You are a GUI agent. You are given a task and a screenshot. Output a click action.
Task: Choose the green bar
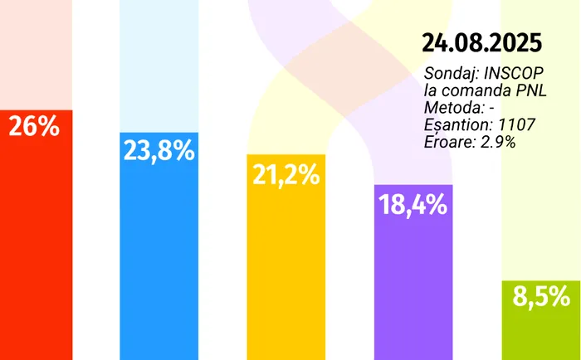coord(540,332)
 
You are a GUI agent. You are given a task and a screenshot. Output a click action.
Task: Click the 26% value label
coord(33,127)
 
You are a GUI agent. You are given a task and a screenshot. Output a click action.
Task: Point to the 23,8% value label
coord(159,150)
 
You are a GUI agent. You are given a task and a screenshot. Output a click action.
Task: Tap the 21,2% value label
coord(285,174)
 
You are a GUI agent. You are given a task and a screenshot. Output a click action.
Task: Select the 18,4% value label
coord(413,203)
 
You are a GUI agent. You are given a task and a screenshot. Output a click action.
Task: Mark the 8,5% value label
coord(540,296)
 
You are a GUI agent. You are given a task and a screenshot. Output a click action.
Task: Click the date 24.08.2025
coord(482,41)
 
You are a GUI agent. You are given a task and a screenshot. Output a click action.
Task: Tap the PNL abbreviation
coord(530,90)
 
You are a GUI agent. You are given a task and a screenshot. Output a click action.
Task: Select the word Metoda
coord(449,108)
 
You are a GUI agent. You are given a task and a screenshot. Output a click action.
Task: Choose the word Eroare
coord(447,142)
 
